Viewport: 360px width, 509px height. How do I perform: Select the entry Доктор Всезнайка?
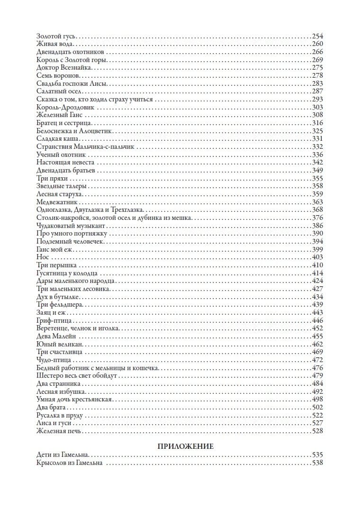(x=60, y=68)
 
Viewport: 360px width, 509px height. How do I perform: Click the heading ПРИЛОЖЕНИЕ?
(x=185, y=446)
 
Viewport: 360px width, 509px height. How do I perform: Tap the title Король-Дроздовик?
(x=65, y=107)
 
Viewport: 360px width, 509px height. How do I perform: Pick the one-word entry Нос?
(x=43, y=257)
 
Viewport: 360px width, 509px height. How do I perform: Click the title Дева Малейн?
(x=55, y=336)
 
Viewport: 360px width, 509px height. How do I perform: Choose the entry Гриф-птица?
(x=54, y=320)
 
